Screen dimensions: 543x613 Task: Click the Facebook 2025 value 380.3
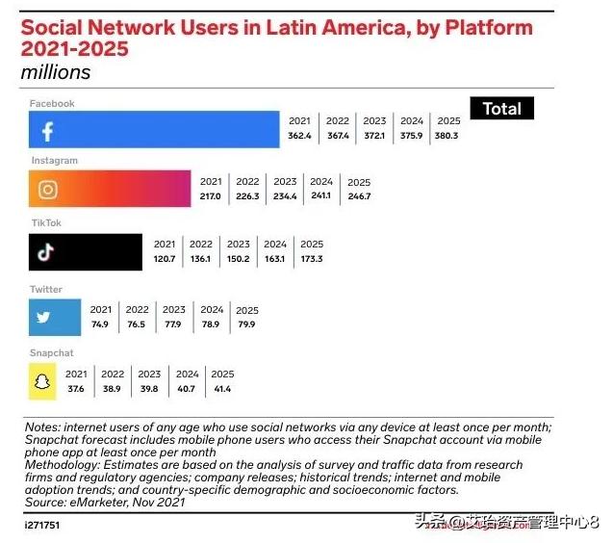(447, 136)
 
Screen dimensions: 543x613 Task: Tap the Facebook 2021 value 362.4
(299, 136)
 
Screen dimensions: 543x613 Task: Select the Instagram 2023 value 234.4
(285, 196)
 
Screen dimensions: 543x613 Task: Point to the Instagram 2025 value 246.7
(359, 196)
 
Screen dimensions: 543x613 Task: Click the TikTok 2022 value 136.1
(201, 259)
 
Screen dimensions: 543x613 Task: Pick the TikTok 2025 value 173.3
(312, 259)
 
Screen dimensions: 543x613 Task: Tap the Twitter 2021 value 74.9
(101, 324)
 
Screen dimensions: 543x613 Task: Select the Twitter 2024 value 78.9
(212, 324)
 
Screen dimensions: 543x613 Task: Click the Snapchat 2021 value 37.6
(76, 389)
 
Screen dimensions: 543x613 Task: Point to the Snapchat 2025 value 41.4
(222, 389)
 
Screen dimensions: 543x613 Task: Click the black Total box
(501, 109)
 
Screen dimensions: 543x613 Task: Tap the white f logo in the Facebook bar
(47, 131)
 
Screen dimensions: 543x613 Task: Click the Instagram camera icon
(47, 190)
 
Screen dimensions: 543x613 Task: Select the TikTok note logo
(43, 253)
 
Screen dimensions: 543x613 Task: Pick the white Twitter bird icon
(43, 317)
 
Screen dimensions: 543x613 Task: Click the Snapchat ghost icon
(41, 383)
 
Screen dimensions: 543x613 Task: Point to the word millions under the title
(56, 72)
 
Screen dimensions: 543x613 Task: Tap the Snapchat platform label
(51, 353)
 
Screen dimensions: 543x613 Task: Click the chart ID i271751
(42, 527)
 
